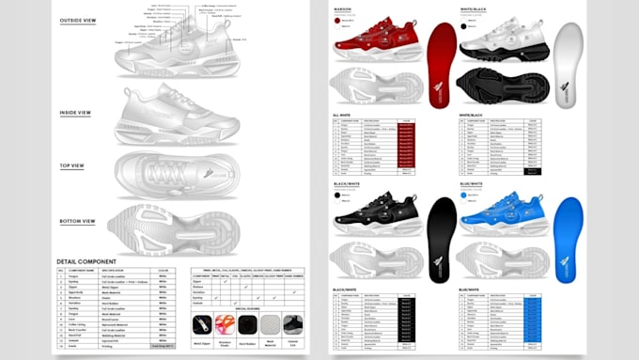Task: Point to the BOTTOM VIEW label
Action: [77, 221]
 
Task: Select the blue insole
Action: [568, 241]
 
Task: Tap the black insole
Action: [442, 241]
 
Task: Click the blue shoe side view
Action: [499, 217]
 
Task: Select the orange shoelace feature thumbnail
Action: [226, 324]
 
